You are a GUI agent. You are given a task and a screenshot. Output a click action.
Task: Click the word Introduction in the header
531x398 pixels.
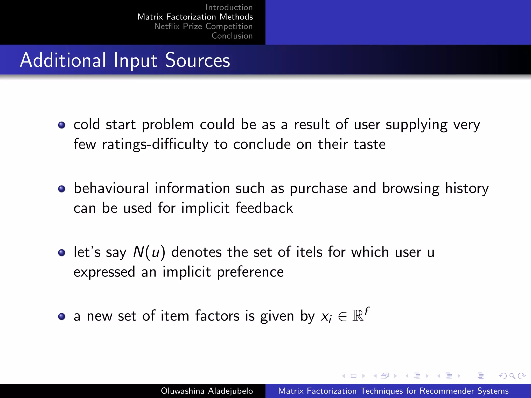tap(229, 7)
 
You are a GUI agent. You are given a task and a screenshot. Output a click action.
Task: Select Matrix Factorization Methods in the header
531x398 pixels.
tap(195, 17)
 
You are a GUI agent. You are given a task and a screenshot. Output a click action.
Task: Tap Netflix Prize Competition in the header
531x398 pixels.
tap(203, 26)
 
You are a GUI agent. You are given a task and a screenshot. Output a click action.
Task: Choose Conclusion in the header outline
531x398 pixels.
tap(232, 36)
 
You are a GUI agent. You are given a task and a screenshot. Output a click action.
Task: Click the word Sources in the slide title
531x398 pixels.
tap(197, 60)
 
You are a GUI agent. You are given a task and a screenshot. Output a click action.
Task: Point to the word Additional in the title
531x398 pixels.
tap(63, 60)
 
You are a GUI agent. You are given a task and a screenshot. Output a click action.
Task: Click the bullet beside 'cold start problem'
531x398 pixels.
tap(62, 125)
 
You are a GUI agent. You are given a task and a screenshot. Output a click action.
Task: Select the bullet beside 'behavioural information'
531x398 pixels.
tap(62, 189)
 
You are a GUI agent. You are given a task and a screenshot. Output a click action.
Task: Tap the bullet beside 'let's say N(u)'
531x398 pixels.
tap(62, 253)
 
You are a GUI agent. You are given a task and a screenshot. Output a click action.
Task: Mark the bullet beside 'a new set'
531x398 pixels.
tap(62, 316)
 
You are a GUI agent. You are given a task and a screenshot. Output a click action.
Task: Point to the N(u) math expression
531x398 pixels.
tap(149, 252)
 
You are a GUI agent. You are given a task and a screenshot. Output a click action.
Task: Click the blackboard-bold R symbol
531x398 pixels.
tap(358, 316)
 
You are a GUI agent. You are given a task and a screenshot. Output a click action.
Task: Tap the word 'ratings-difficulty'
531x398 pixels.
tap(155, 144)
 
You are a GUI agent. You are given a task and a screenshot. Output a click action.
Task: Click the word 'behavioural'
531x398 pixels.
tap(111, 188)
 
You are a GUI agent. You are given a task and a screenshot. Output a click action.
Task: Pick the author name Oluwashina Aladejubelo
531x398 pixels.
tap(207, 391)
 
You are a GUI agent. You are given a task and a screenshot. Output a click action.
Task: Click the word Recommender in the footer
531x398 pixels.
tap(446, 391)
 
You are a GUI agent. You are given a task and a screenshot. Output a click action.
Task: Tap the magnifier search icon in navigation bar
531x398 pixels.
tap(512, 376)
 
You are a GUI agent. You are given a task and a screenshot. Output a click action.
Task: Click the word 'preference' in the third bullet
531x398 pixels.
tap(250, 272)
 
